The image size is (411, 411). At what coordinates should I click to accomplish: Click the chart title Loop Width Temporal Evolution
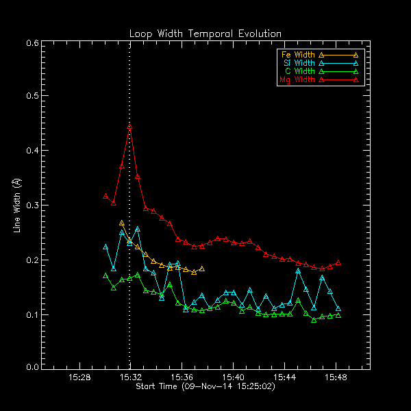(x=206, y=34)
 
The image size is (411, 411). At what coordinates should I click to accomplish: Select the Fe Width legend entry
(x=297, y=54)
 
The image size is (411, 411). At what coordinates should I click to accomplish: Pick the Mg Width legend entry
(x=297, y=79)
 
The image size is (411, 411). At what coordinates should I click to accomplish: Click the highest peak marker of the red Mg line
(x=129, y=127)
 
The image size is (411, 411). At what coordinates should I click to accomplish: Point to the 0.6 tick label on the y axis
(x=32, y=42)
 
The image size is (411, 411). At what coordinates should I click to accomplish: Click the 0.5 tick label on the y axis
(x=32, y=97)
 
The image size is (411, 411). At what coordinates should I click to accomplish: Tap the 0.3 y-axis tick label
(x=32, y=206)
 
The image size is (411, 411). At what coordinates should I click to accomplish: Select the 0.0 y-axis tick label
(x=32, y=367)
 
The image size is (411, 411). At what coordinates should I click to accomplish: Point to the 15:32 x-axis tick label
(x=130, y=377)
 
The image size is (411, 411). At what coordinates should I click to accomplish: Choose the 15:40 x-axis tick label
(x=234, y=377)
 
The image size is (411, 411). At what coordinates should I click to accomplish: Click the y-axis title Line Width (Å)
(x=16, y=204)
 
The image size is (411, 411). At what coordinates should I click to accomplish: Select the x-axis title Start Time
(x=206, y=386)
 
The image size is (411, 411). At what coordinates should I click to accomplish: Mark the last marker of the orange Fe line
(x=201, y=269)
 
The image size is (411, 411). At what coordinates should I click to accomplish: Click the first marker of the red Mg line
(x=105, y=196)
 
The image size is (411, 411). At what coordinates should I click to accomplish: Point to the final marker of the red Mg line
(x=338, y=263)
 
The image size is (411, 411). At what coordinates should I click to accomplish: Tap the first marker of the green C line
(x=105, y=275)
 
